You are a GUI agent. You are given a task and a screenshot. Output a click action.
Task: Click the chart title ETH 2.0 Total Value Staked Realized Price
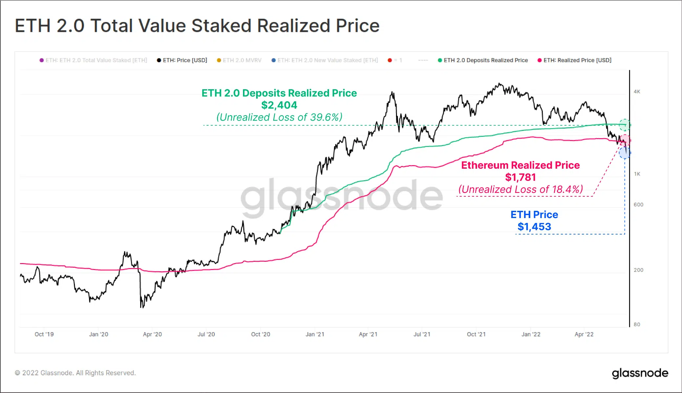click(197, 26)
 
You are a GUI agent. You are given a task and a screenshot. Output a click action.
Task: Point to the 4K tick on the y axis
click(637, 92)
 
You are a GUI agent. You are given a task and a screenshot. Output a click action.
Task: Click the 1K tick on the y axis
click(637, 174)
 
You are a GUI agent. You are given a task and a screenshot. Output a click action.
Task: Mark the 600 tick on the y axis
click(638, 205)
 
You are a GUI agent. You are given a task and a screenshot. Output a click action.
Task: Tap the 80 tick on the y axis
click(637, 325)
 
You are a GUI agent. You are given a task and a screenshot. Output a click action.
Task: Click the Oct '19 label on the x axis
click(44, 334)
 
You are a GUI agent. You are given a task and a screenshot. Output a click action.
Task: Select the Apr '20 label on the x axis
click(152, 334)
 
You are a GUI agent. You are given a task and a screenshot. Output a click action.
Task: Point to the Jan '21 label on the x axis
click(315, 334)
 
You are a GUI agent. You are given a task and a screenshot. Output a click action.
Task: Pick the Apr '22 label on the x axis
click(584, 334)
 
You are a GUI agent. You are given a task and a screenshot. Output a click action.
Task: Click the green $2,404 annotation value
click(279, 105)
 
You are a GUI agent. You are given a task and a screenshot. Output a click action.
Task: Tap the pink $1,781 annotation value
click(520, 177)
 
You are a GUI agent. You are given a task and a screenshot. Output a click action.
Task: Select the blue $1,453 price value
click(534, 227)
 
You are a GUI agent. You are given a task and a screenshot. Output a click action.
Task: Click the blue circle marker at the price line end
click(625, 153)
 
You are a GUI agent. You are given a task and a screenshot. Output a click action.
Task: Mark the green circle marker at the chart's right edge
click(625, 125)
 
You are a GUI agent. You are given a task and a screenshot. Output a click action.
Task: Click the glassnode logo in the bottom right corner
click(640, 373)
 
